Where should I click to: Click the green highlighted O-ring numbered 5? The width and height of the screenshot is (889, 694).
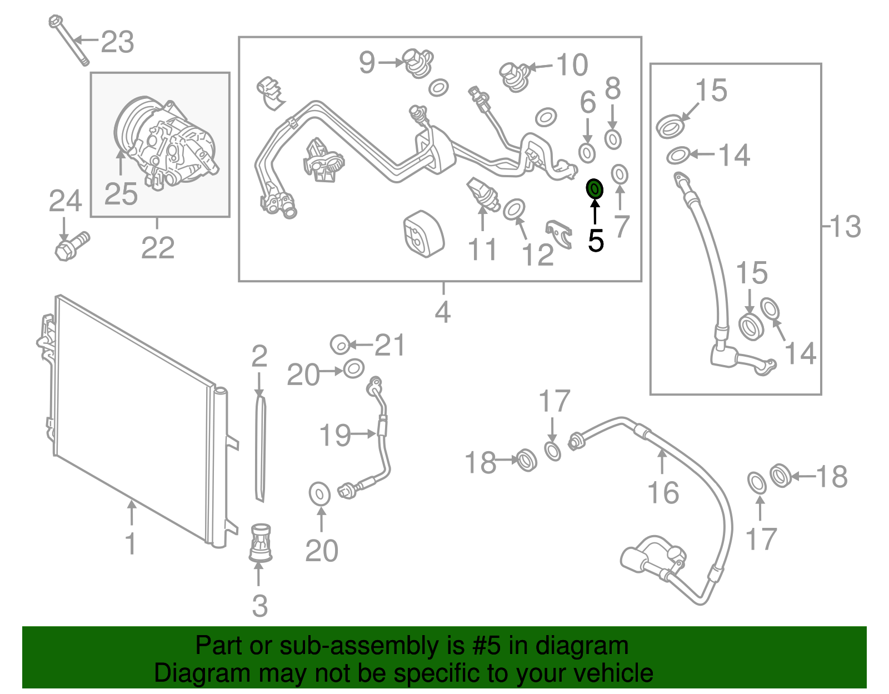point(595,189)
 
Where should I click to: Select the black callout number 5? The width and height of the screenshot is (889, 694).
point(596,241)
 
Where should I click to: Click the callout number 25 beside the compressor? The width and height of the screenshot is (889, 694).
point(121,194)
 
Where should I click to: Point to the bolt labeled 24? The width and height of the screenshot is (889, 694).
point(71,246)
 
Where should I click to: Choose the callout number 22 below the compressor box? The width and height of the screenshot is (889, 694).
point(158,248)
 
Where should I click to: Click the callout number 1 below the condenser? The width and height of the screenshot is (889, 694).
point(131,543)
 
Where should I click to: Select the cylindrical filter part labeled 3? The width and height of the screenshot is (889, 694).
point(259,542)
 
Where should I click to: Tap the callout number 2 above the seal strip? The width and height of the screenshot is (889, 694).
point(259,357)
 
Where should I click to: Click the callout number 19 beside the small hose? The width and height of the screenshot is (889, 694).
point(335,435)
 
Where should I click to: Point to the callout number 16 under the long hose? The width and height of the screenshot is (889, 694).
point(663,493)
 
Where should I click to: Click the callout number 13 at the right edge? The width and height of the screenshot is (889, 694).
point(845,227)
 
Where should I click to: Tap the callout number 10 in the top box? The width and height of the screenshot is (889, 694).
point(572,65)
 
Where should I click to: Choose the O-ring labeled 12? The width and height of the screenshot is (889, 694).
point(514,209)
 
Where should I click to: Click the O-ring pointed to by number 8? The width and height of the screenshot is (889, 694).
point(612,139)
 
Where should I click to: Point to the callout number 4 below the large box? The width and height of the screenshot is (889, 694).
point(442,312)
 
